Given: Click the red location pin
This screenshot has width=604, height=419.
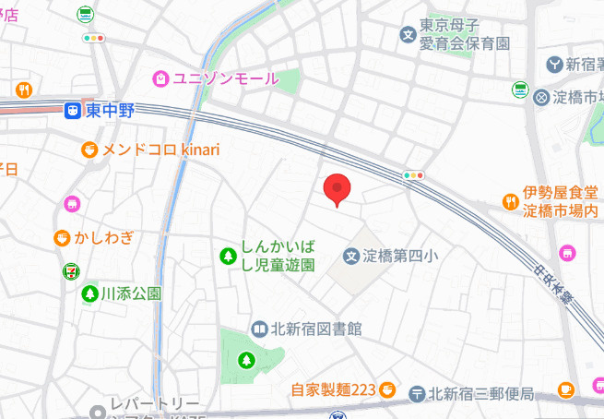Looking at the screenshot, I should click(x=338, y=188).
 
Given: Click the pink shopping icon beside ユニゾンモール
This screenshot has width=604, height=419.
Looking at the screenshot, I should click(x=160, y=78).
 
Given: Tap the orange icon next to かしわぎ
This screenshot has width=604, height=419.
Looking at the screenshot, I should click(x=62, y=239).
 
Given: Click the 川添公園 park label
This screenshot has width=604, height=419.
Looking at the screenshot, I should click(x=131, y=294).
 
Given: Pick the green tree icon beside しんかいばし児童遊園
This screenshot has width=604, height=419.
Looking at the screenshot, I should click(x=227, y=255).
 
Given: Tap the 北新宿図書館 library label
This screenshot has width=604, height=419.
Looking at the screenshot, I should click(x=315, y=328).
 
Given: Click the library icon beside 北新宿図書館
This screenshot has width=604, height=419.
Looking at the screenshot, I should click(x=259, y=328).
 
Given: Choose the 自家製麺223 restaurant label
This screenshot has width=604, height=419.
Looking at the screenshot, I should click(x=332, y=390).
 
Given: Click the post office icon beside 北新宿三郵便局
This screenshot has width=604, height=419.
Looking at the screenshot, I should click(x=417, y=393).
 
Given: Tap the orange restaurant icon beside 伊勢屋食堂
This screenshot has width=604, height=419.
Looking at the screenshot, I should click(x=509, y=200).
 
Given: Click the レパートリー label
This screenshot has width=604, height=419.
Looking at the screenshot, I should click(x=154, y=404).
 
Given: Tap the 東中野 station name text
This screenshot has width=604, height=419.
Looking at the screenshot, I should click(x=111, y=112).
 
